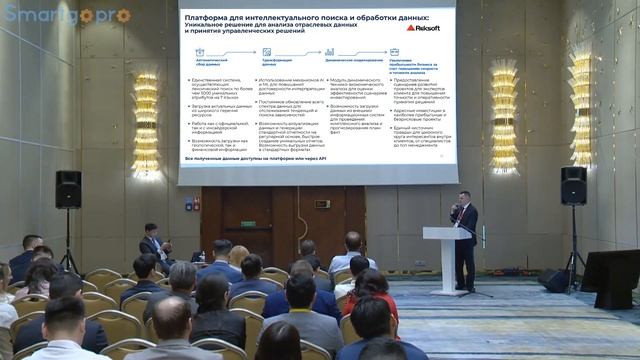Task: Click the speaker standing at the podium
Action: tap(465, 240)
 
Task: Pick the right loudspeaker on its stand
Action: tap(573, 185)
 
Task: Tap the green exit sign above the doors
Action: tap(322, 203)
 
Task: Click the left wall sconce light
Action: tap(146, 126)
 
